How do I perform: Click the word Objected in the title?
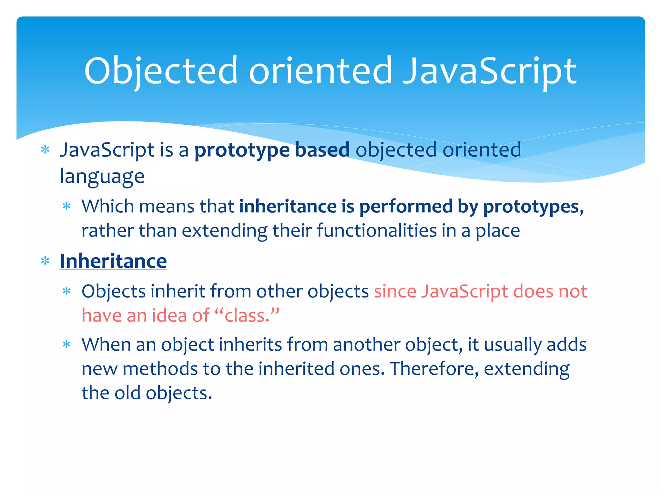coord(161,72)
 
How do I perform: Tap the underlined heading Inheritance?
coord(113,261)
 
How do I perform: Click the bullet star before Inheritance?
coord(45,261)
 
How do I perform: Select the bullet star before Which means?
coord(66,206)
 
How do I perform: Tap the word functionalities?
coord(376,231)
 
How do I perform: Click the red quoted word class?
coord(247,315)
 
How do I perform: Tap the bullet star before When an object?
coord(66,345)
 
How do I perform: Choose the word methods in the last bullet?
coord(160,369)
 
